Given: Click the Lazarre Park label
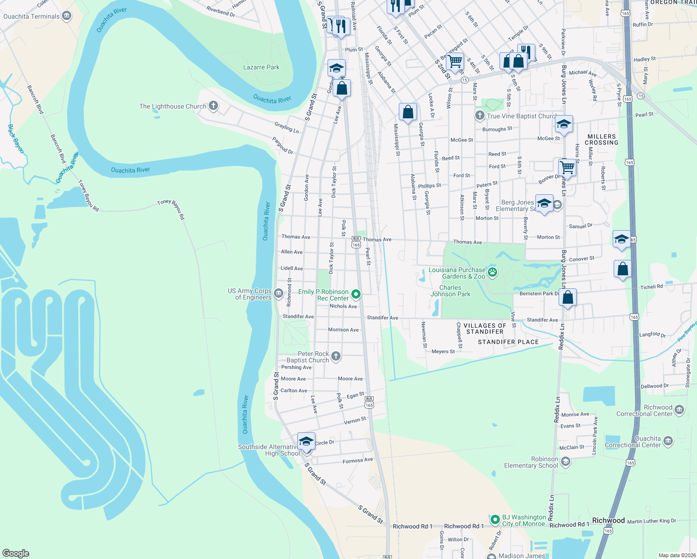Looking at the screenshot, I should point(261,67).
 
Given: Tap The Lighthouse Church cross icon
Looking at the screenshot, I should point(213,106).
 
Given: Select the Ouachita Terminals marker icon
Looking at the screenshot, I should point(67,16).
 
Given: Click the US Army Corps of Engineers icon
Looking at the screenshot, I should point(278,293).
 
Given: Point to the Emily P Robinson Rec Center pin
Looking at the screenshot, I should point(356,294).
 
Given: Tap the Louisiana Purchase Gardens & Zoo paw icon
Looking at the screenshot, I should point(492,272).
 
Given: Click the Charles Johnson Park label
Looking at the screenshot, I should point(450,291).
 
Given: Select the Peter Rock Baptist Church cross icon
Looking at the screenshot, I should point(335,356).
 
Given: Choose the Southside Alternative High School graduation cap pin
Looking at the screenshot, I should point(306,441).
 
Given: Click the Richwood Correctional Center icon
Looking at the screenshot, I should point(679,409).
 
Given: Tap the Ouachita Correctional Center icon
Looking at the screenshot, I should point(668,441).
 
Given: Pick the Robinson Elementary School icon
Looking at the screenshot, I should point(565,461).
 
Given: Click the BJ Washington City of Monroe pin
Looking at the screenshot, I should point(495,519).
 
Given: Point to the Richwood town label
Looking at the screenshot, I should point(608,520).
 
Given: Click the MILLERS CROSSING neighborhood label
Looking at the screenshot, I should point(601,139).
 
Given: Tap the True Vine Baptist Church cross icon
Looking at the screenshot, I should point(479,115).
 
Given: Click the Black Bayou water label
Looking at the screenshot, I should point(16,138).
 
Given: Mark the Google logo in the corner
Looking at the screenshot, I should point(16,553).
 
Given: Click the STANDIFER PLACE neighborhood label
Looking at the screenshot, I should point(508,342).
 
